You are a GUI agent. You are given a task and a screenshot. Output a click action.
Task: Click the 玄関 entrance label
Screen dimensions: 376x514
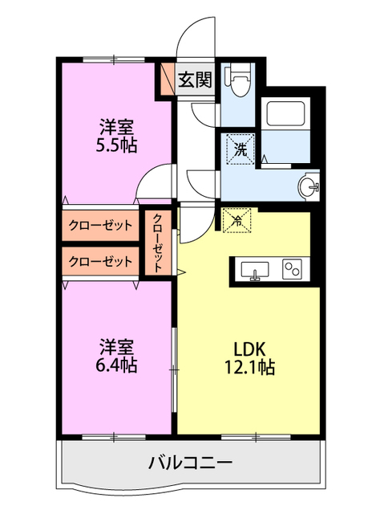pos(195,80)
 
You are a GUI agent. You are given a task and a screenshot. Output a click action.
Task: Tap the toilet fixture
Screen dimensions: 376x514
pos(241,80)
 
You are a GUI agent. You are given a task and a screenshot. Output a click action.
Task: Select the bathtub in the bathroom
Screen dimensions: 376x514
pos(285,114)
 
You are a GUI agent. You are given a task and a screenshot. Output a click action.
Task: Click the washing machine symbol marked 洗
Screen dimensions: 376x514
pos(241,149)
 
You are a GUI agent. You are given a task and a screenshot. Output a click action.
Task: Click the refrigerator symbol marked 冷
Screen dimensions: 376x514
pos(237,220)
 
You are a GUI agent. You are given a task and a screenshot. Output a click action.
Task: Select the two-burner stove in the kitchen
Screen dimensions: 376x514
pos(293,270)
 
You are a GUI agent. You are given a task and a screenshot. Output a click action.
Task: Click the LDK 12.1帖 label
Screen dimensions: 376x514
pos(249,358)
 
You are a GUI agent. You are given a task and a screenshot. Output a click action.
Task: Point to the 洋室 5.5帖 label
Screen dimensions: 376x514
pos(116,137)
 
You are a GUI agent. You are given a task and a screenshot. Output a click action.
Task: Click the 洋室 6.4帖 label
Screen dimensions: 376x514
pos(116,357)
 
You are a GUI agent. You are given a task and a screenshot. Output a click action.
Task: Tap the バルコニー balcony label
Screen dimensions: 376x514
pos(191,463)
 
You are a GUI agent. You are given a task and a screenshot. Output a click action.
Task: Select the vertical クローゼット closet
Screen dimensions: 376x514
pos(158,243)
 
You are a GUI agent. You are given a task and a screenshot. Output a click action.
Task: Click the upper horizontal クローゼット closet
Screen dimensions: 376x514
pos(100,226)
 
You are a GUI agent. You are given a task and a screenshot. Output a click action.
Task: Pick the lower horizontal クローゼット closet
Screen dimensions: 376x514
pos(100,261)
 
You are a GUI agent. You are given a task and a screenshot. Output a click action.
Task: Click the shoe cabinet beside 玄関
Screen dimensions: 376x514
pos(168,78)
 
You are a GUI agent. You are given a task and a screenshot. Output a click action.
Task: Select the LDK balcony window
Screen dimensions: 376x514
pos(256,437)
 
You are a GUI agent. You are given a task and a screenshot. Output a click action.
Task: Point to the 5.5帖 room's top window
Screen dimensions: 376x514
pos(114,59)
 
